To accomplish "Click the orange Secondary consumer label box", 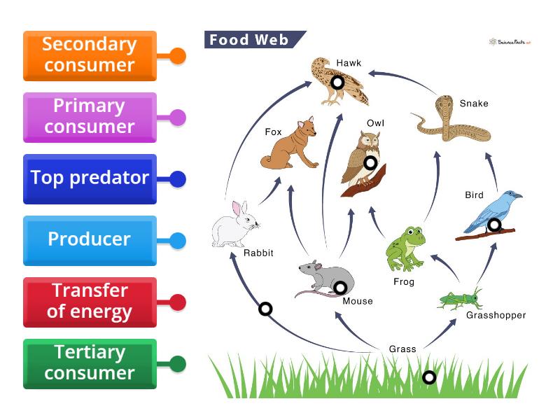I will click(90, 55).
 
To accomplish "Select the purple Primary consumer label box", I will click(90, 117).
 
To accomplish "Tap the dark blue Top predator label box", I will click(90, 178).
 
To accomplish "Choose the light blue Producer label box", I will click(90, 240).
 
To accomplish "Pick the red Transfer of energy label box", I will click(90, 302).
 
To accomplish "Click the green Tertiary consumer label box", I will click(90, 363).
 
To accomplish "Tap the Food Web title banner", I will click(252, 40).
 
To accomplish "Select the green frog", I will click(407, 248).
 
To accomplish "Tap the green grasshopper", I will click(461, 299).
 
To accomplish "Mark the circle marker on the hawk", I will click(337, 83).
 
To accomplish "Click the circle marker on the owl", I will click(370, 163).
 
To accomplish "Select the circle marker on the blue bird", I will click(494, 225).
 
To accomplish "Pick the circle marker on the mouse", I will click(340, 287).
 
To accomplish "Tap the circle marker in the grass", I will click(429, 377).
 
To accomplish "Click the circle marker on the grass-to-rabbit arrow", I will click(265, 309).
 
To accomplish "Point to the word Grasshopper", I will click(496, 315).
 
